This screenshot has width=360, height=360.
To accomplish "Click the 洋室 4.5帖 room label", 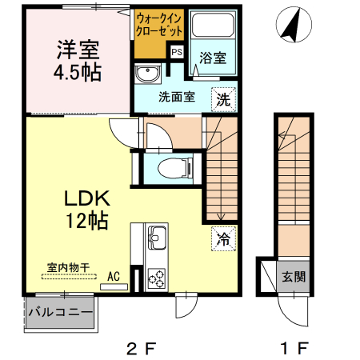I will coord(78,60).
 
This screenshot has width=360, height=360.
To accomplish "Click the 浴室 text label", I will coord(213,58).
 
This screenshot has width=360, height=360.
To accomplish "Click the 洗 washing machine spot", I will coord(224,99).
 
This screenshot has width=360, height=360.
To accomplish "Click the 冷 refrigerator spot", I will coord(224,238).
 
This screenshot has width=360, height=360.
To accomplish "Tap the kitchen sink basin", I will coord(156,238).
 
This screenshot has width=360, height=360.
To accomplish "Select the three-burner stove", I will coord(156,277).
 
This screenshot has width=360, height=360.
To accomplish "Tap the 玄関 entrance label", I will coord(292,278).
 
